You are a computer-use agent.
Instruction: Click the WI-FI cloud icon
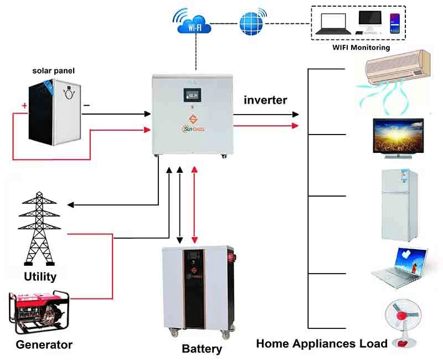[195, 23]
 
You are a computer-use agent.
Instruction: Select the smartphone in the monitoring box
[395, 25]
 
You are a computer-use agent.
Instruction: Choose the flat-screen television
[399, 135]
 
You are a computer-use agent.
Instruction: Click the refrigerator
[399, 204]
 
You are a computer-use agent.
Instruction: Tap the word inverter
[265, 100]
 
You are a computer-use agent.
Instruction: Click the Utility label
[40, 276]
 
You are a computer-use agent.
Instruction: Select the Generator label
[44, 344]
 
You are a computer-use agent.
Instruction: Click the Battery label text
[202, 349]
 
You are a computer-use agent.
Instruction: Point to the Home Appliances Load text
[322, 343]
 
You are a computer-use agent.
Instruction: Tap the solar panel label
[53, 71]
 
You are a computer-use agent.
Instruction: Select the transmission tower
[40, 229]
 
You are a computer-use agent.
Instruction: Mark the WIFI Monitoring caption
[361, 48]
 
